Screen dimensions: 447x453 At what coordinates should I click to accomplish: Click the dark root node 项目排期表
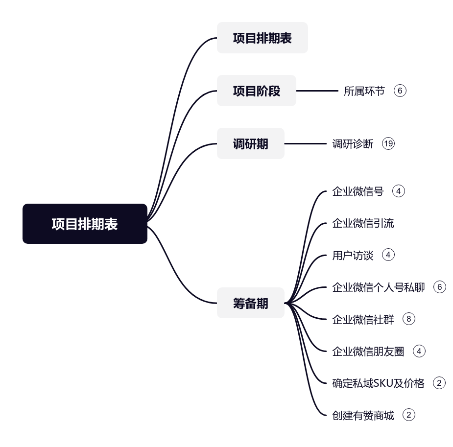(x=85, y=224)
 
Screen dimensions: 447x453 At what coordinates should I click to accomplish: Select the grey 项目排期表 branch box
(x=262, y=38)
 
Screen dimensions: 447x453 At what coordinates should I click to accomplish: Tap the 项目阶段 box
(x=256, y=91)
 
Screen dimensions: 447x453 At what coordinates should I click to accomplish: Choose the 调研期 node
(x=250, y=143)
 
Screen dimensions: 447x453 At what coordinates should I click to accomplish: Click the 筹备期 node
(x=250, y=303)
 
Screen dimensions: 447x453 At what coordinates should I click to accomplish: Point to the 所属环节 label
(x=364, y=91)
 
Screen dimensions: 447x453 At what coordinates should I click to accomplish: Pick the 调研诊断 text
(x=353, y=143)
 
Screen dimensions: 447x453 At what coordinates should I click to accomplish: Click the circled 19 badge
(x=388, y=143)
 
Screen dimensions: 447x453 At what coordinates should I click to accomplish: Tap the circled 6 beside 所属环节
(x=400, y=91)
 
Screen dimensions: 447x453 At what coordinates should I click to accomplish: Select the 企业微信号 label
(x=358, y=191)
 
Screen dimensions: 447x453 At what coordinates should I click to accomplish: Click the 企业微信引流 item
(x=363, y=223)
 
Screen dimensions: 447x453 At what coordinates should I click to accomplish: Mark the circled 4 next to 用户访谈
(x=388, y=255)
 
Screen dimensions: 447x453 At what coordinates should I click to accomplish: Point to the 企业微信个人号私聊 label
(x=378, y=287)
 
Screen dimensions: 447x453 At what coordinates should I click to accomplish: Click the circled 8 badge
(x=408, y=319)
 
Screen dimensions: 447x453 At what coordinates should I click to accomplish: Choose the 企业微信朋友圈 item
(x=368, y=351)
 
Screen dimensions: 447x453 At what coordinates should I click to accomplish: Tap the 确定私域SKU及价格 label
(x=378, y=383)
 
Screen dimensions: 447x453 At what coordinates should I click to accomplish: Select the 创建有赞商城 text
(x=363, y=415)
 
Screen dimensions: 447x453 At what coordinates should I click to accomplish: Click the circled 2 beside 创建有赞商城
(x=408, y=415)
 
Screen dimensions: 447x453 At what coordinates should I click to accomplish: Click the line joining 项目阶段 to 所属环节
(x=317, y=91)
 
